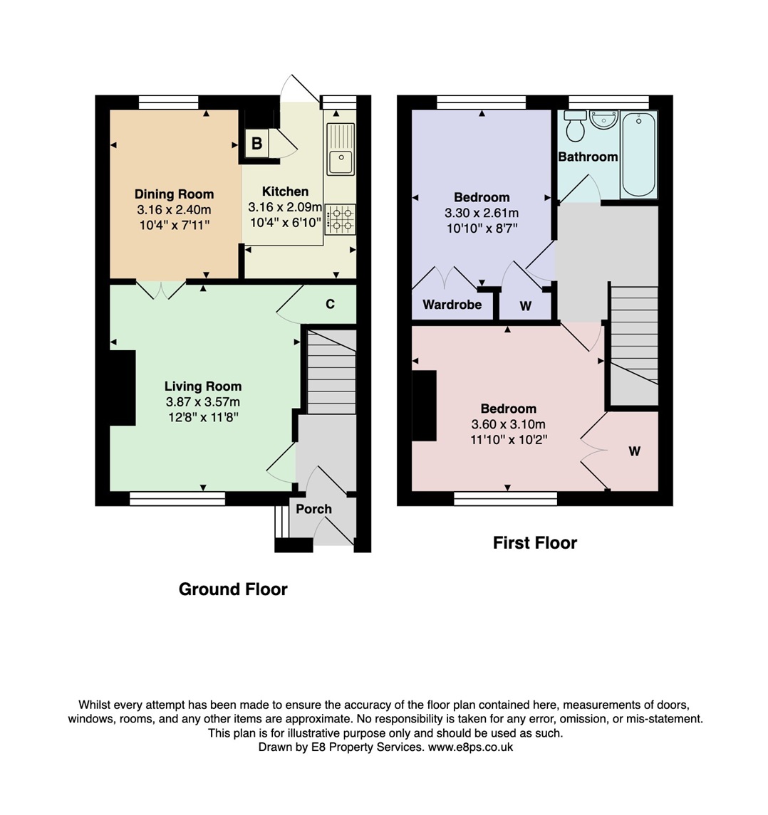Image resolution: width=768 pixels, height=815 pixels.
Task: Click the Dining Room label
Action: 174,194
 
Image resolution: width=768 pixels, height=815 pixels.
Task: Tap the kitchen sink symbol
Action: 341,149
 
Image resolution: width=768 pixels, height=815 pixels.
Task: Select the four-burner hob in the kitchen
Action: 340,219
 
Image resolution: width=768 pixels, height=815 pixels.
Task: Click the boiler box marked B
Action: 256,143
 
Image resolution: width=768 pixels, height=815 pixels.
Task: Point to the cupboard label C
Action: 330,305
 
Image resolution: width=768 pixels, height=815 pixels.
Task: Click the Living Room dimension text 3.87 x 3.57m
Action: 203,402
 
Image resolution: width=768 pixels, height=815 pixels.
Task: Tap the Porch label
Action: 313,509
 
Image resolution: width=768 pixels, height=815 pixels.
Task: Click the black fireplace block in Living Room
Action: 122,388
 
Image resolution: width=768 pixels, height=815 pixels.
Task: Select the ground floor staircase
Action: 331,370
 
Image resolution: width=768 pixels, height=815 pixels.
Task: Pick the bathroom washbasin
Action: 604,119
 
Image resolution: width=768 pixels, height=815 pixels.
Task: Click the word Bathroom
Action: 588,157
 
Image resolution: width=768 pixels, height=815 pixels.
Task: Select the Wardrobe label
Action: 452,305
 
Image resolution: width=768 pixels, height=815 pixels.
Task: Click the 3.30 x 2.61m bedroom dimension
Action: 482,213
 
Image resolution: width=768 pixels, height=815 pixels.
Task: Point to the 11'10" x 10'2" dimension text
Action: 508,440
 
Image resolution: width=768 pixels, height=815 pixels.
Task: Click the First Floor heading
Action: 534,543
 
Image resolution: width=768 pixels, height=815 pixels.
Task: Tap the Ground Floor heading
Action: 233,589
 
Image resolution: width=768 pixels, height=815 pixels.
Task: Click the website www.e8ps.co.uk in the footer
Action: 470,747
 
